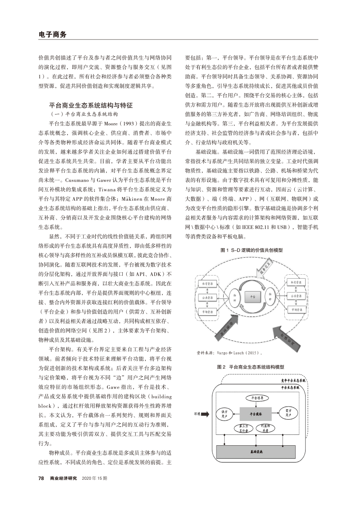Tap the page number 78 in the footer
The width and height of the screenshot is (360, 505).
tap(41, 478)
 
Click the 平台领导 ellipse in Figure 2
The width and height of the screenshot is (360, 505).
tap(254, 397)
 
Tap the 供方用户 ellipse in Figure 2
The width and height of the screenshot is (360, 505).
tap(225, 414)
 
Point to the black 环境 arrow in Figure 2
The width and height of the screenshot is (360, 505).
tap(202, 414)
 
